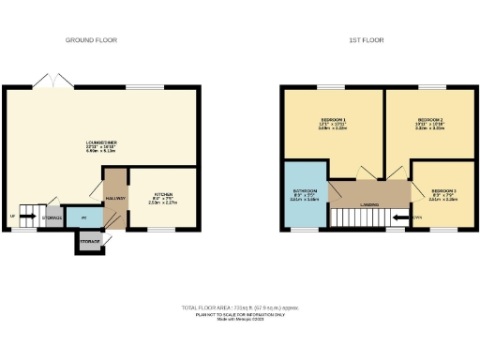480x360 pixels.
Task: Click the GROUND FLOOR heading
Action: pyautogui.click(x=89, y=40)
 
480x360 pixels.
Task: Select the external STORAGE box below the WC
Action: pyautogui.click(x=90, y=242)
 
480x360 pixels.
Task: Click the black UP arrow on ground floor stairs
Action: pyautogui.click(x=14, y=217)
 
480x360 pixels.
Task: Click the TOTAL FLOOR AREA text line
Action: pyautogui.click(x=239, y=307)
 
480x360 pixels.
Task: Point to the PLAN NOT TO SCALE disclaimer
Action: pyautogui.click(x=239, y=314)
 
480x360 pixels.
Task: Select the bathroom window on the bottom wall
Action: pyautogui.click(x=302, y=229)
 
